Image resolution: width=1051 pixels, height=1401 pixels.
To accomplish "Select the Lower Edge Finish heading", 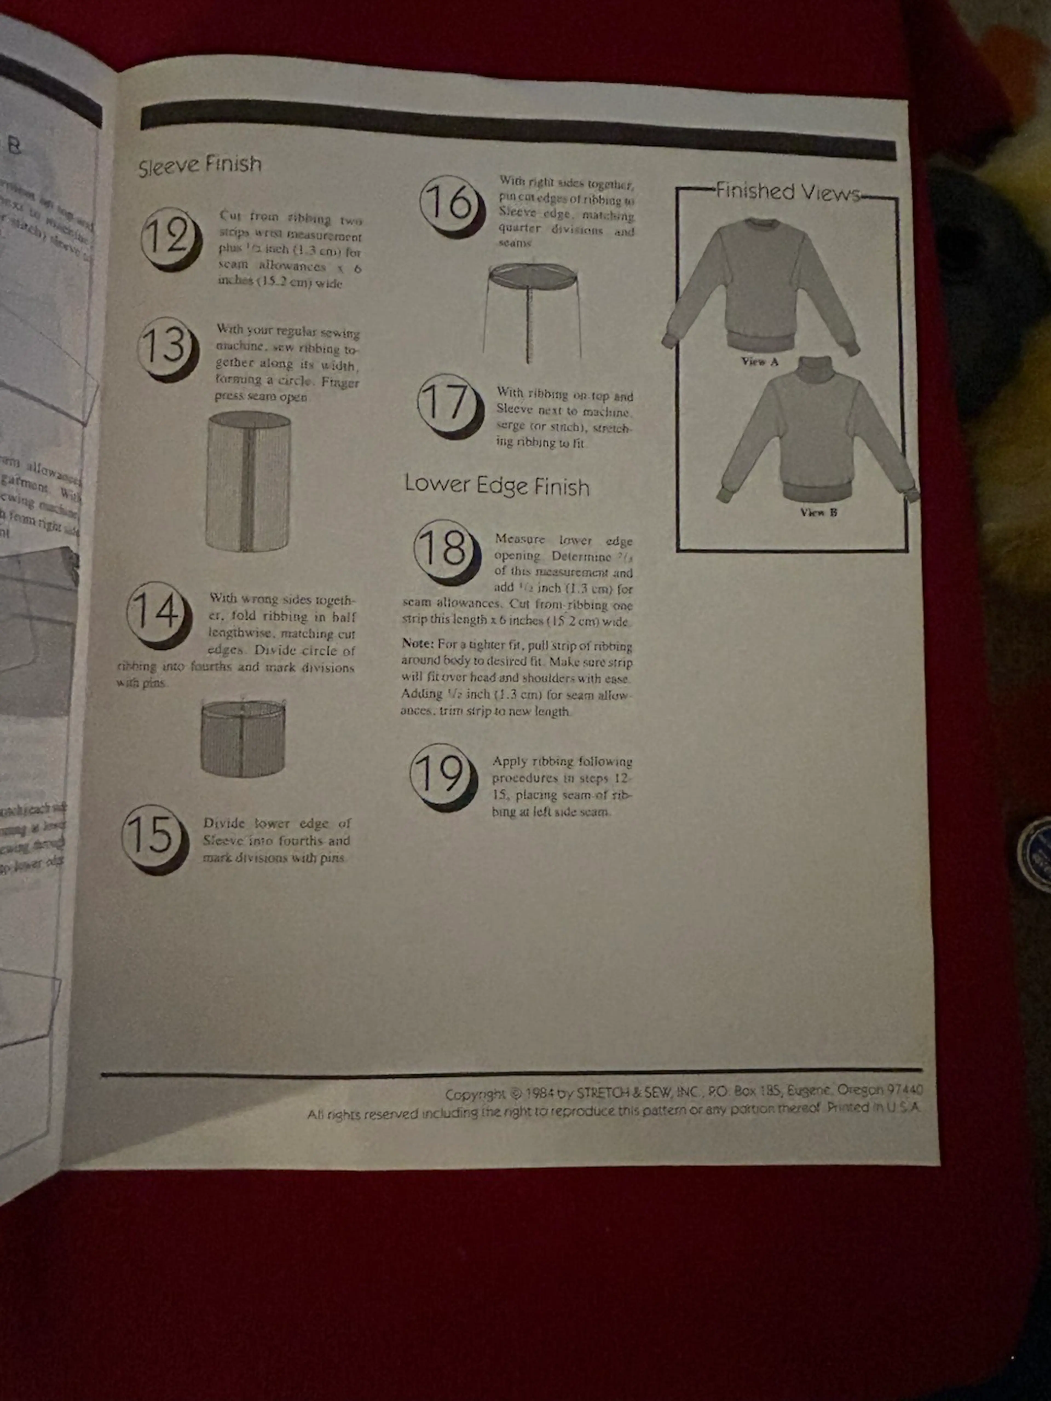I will (x=497, y=486).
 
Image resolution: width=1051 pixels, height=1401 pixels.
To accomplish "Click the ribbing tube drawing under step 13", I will (x=248, y=481).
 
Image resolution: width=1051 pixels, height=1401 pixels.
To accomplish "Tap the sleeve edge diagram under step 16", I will (x=532, y=310).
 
